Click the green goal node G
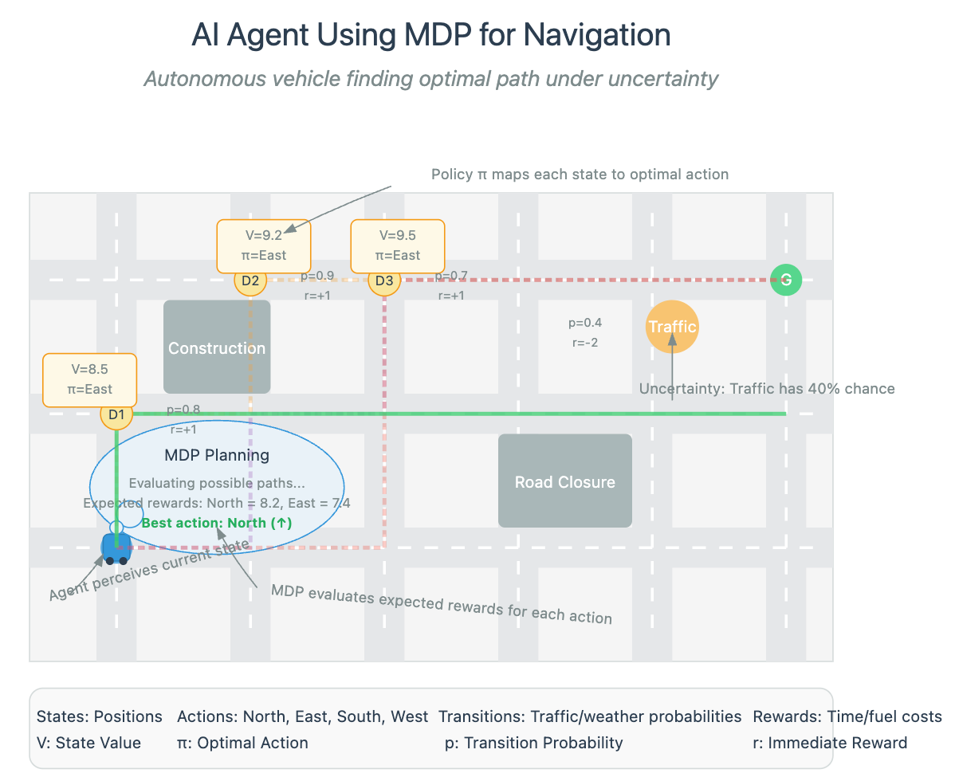pos(786,280)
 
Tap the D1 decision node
pos(116,414)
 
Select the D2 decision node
pos(250,281)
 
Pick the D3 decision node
pos(384,281)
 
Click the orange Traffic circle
pos(672,327)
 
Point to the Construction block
pos(217,347)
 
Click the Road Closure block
pos(564,481)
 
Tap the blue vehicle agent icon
pos(116,548)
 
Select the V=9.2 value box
pos(264,245)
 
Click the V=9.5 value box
pos(398,245)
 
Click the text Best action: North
pos(217,523)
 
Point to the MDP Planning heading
pos(217,455)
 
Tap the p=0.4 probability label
pos(584,323)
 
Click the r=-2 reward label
pos(584,343)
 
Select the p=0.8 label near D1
pos(183,410)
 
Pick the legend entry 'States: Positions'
pos(100,716)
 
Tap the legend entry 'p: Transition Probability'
pos(533,743)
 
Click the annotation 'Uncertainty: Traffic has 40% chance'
pos(767,389)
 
